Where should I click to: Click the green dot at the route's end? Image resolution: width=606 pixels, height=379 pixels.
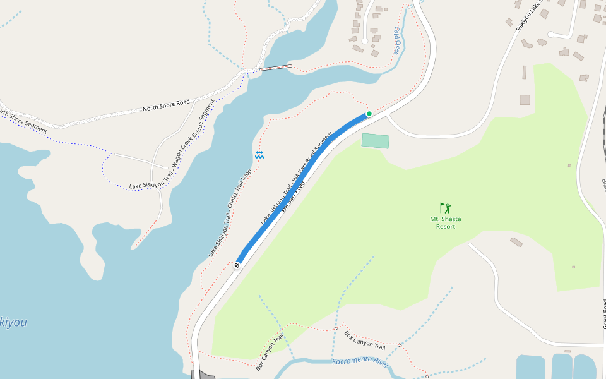[x=369, y=114]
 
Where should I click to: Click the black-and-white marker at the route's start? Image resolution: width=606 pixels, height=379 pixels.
[x=237, y=265]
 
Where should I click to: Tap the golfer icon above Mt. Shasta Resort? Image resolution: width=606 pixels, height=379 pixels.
[x=446, y=207]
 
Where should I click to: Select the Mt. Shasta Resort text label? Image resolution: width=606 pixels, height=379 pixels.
[x=446, y=222]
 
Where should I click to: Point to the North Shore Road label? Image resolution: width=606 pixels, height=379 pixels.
[x=166, y=105]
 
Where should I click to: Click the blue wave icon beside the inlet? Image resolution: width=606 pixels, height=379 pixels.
[x=259, y=155]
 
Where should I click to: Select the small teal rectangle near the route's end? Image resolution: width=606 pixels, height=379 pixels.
[x=376, y=141]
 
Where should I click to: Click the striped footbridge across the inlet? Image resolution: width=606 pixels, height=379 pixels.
[x=276, y=68]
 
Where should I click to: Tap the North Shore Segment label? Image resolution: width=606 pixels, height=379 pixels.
[x=23, y=123]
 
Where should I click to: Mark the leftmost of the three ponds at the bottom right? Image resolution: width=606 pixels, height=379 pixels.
[x=530, y=367]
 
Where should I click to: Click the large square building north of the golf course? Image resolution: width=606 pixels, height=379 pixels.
[x=525, y=100]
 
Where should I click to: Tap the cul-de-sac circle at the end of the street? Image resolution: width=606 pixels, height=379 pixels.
[x=551, y=35]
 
